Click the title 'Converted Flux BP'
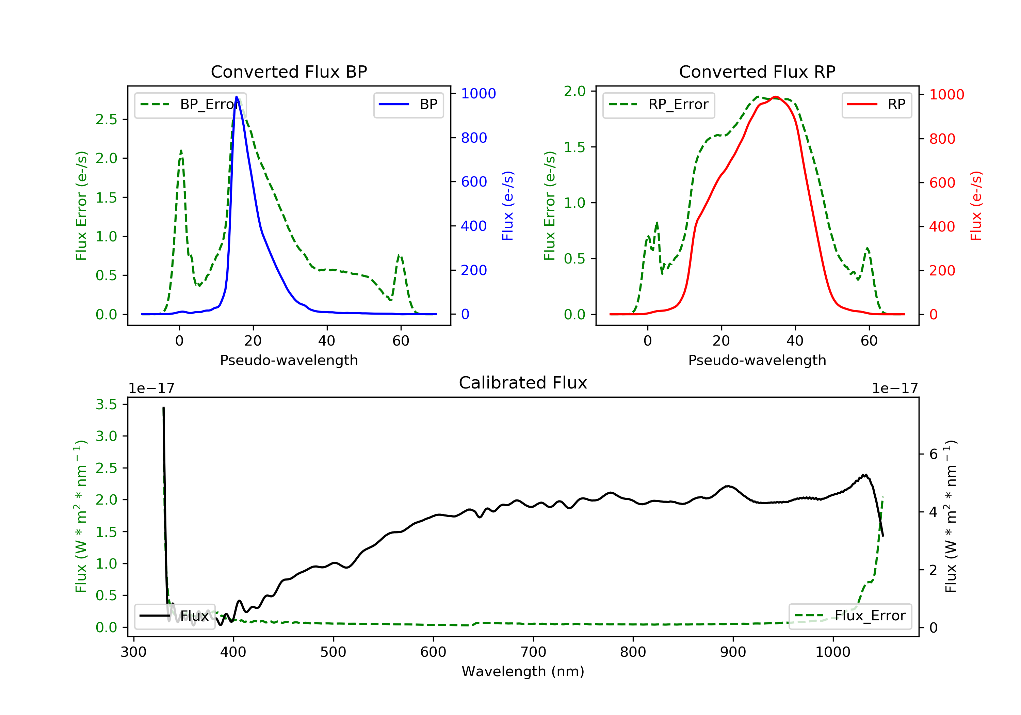point(289,71)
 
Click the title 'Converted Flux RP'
point(757,71)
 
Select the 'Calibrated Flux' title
point(523,383)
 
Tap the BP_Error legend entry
point(190,105)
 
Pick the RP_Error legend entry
point(659,105)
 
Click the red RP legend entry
point(876,105)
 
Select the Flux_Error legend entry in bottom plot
point(850,616)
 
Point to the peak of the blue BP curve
point(237,97)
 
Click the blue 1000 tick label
point(479,93)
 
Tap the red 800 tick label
point(942,139)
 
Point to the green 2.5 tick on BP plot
point(106,119)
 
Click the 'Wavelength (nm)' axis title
point(523,671)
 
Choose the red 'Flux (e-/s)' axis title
point(976,206)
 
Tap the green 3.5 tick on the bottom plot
point(106,404)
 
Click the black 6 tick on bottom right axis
point(934,454)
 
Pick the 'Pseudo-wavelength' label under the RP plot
point(757,360)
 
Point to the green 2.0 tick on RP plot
point(575,91)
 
